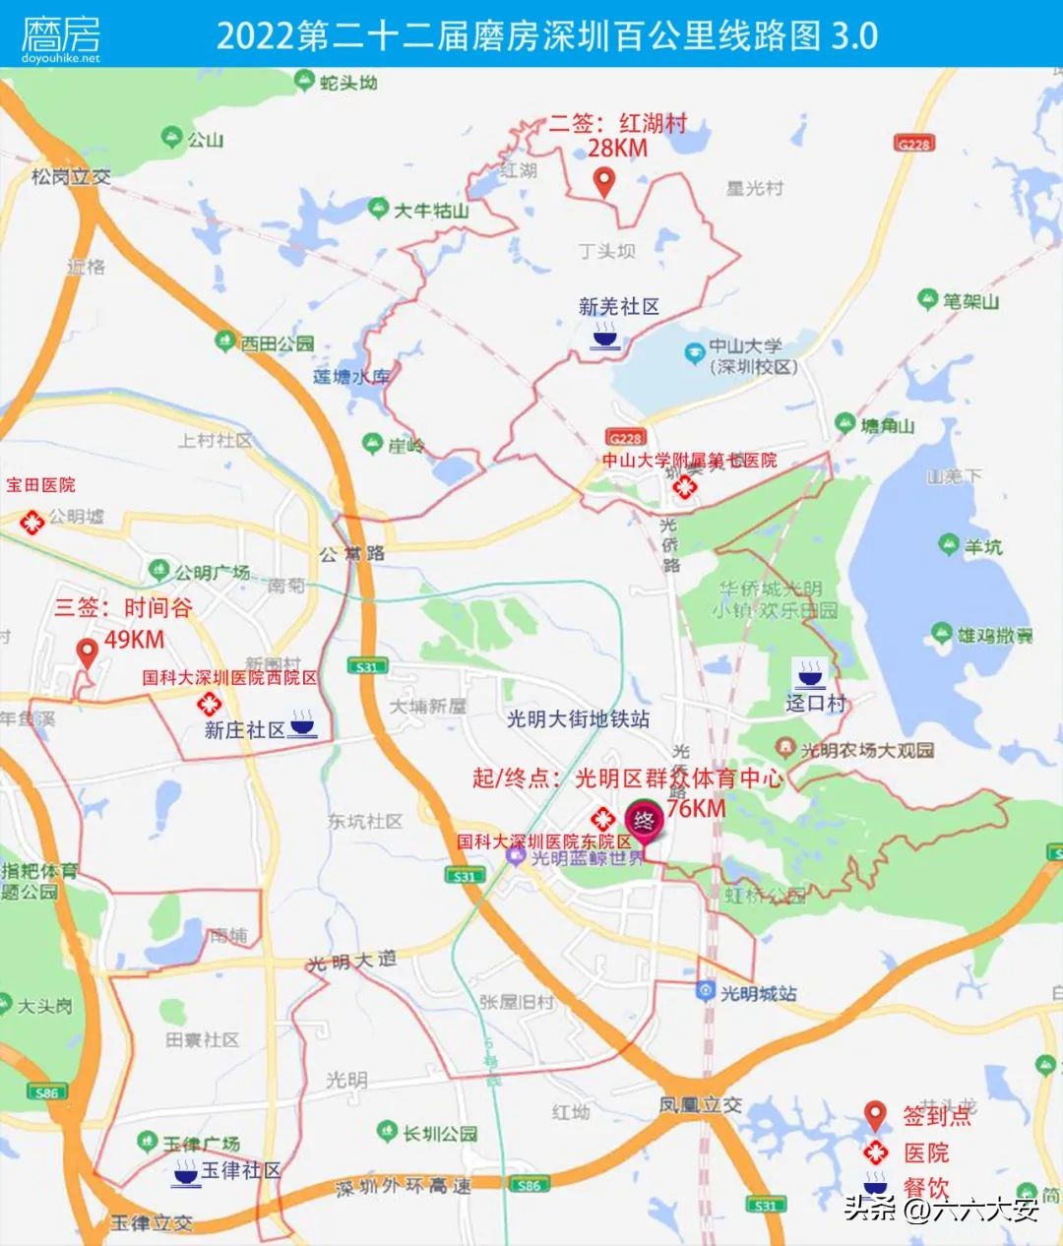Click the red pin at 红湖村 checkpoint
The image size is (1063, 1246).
coord(605,181)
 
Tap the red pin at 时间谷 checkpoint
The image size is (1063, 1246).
coord(88,652)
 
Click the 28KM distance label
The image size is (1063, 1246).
coord(618,149)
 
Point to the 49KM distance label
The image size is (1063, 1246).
coord(135,640)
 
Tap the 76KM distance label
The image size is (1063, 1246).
coord(696,809)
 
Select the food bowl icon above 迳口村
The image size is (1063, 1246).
coord(810,674)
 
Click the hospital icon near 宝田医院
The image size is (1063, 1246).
coord(32,522)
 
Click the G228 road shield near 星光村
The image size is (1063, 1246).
coord(913,144)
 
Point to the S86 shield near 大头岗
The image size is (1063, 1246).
coord(46,1092)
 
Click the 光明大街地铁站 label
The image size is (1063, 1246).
coord(578,719)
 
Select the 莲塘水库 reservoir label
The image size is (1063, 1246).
coord(351,376)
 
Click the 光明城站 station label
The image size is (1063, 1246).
coord(758,994)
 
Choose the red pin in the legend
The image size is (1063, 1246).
coord(875,1116)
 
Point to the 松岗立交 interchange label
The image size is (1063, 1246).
coord(71,177)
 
